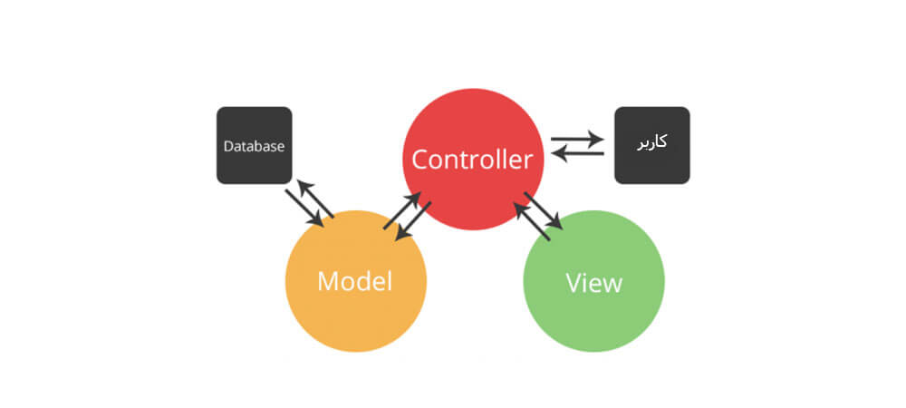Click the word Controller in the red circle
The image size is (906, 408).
coord(472,160)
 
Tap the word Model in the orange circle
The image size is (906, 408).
coord(354,281)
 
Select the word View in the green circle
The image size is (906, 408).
coord(593,283)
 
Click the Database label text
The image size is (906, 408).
coord(255,145)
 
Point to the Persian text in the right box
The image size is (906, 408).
coord(652,143)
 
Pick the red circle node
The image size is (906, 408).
coord(472,118)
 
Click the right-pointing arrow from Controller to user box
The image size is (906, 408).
coord(577,139)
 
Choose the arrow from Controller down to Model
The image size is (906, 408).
coord(414,221)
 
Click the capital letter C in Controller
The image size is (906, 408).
coord(419,160)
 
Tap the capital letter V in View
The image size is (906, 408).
coord(573,283)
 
